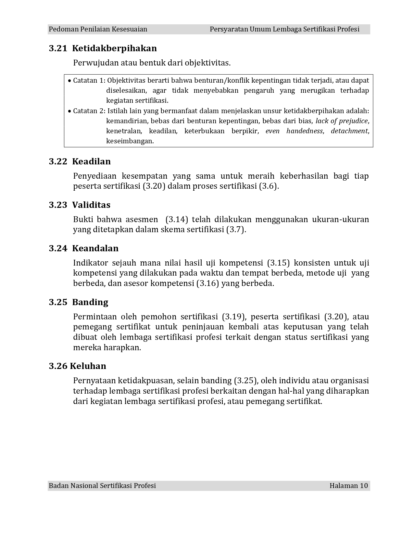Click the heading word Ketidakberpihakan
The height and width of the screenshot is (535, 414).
click(x=114, y=48)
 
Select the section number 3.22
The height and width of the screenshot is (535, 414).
click(x=58, y=161)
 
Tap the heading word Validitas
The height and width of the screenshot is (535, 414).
click(x=91, y=205)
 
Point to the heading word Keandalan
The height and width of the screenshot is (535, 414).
click(x=95, y=248)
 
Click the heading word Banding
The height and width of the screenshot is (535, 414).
click(x=90, y=302)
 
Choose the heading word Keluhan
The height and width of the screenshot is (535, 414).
click(x=88, y=366)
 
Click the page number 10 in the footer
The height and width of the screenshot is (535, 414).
click(x=364, y=485)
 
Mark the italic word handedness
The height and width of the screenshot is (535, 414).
click(x=305, y=131)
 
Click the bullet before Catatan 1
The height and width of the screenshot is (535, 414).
click(x=69, y=80)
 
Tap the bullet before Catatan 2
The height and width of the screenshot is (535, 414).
click(x=69, y=111)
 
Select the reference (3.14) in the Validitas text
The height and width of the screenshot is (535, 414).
click(x=177, y=220)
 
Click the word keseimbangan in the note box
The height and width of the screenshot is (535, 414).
click(x=130, y=141)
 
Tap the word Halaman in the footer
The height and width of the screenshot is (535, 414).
click(x=343, y=485)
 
